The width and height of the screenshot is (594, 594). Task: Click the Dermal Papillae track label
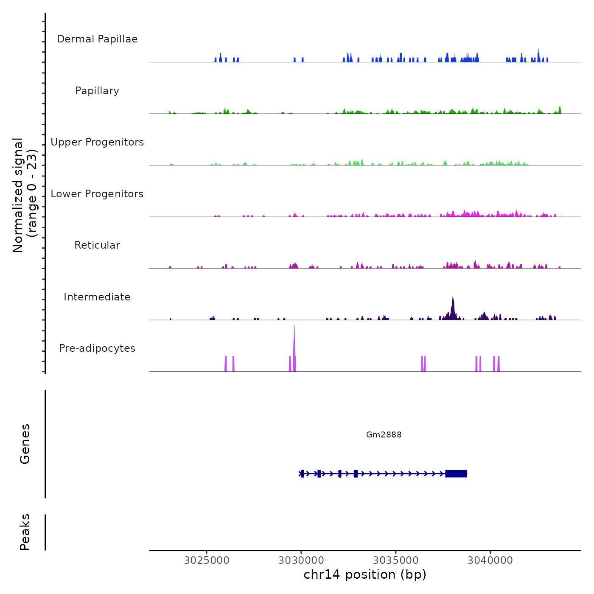(97, 39)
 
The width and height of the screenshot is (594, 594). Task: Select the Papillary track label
(97, 91)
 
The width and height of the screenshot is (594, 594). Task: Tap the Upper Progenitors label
(97, 142)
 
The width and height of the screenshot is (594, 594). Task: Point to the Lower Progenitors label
(97, 194)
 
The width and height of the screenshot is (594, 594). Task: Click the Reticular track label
(97, 245)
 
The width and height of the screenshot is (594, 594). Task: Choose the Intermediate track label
(97, 297)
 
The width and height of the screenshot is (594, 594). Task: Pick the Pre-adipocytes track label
(97, 348)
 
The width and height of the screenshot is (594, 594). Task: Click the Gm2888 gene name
(384, 434)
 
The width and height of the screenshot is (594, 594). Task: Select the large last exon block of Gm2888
(456, 474)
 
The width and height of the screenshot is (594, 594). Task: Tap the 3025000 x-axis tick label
(207, 560)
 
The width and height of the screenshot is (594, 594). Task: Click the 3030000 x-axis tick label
(301, 560)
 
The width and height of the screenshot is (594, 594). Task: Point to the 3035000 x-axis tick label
(396, 560)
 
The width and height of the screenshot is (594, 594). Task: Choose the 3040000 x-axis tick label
(490, 560)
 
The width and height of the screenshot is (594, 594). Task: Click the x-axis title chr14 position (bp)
(365, 574)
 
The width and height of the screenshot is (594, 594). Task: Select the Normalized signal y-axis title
(25, 195)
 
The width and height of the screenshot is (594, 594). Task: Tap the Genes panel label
(25, 444)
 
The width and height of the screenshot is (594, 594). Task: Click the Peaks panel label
(25, 532)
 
